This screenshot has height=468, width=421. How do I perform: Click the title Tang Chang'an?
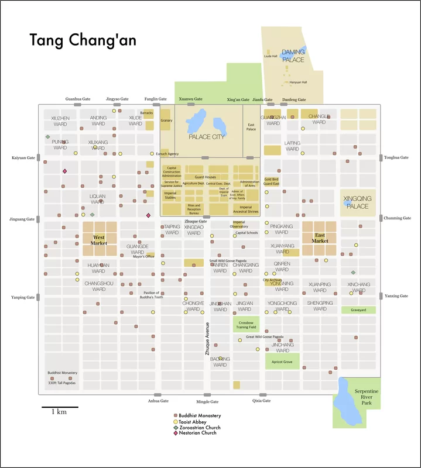click(x=83, y=40)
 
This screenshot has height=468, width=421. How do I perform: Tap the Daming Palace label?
click(x=293, y=56)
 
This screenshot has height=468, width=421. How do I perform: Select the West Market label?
click(x=98, y=240)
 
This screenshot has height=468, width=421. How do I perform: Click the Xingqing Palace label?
click(x=357, y=202)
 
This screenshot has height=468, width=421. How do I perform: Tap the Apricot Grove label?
click(x=282, y=363)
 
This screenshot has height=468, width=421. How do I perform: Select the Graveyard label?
click(x=358, y=310)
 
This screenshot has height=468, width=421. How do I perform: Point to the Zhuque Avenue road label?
click(x=207, y=339)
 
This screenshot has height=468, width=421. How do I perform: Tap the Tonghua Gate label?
click(x=396, y=158)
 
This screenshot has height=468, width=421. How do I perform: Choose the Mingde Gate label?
click(x=207, y=402)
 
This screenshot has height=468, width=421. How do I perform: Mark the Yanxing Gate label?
click(x=396, y=296)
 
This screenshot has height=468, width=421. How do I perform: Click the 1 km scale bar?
click(x=59, y=407)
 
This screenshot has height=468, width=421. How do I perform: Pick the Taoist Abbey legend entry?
click(x=196, y=422)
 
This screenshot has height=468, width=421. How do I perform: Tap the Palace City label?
click(x=207, y=137)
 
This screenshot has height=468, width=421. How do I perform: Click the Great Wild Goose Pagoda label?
click(x=265, y=337)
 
